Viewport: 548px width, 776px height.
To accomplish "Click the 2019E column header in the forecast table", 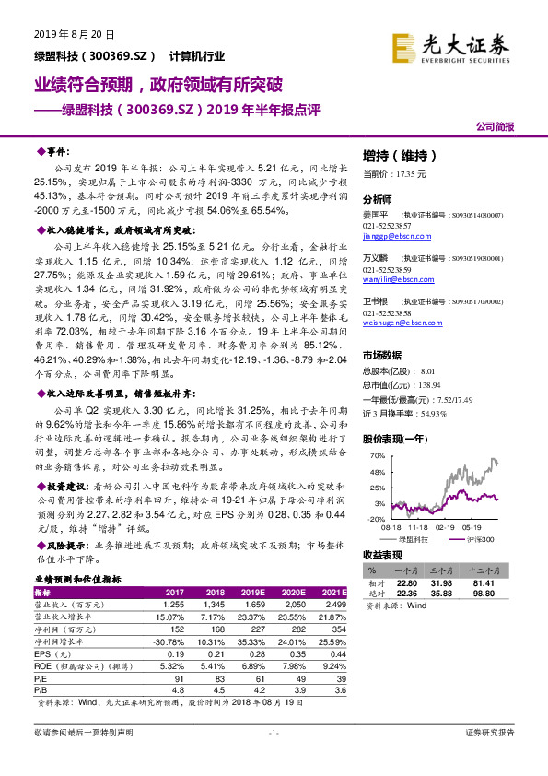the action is [253, 592].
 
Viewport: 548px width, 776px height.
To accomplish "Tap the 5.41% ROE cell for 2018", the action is [213, 664].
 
